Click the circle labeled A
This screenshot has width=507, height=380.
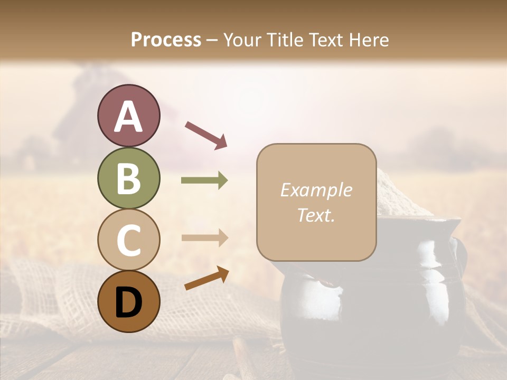[128, 116]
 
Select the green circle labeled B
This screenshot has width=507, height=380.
[128, 178]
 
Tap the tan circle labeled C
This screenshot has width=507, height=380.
[128, 240]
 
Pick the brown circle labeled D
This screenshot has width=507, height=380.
[128, 301]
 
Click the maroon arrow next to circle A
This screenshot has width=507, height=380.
[205, 135]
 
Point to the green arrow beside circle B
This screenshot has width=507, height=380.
[204, 180]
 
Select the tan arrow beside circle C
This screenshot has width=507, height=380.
[204, 238]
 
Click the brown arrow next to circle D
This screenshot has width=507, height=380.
[206, 278]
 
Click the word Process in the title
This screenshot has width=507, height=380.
[166, 40]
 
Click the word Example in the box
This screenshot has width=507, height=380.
[316, 191]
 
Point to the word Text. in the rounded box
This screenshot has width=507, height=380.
[316, 215]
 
